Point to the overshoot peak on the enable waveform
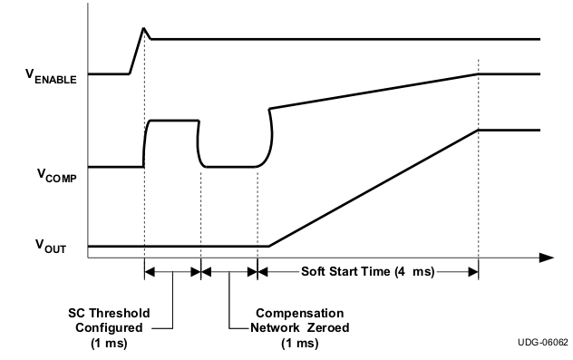143,29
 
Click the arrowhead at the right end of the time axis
546,258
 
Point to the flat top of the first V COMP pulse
172,120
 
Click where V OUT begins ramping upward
268,246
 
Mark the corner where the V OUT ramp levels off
478,131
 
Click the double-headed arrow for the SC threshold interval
172,270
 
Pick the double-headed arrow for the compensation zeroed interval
229,270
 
